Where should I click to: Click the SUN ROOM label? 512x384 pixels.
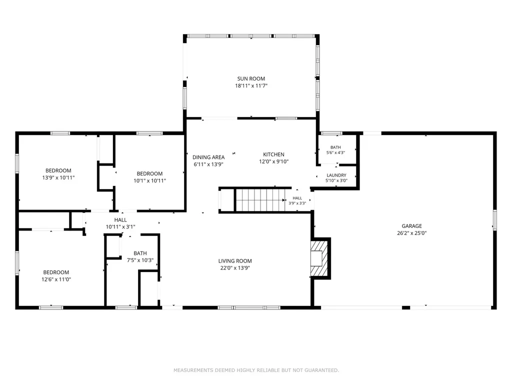pyautogui.click(x=251, y=78)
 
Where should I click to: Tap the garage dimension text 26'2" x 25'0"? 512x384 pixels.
pyautogui.click(x=412, y=233)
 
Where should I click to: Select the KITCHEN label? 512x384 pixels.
pyautogui.click(x=273, y=154)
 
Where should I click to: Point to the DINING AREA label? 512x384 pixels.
pyautogui.click(x=208, y=157)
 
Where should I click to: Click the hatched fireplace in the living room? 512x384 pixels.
pyautogui.click(x=319, y=258)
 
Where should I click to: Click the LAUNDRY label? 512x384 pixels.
pyautogui.click(x=336, y=175)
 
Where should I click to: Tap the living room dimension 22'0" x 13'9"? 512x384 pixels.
pyautogui.click(x=235, y=268)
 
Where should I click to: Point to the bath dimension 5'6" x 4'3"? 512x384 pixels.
pyautogui.click(x=335, y=152)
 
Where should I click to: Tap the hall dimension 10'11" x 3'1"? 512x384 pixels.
pyautogui.click(x=120, y=227)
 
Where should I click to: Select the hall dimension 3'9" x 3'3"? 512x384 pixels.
pyautogui.click(x=297, y=203)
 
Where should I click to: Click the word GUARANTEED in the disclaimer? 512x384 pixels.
pyautogui.click(x=321, y=370)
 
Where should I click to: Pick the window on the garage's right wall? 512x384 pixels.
pyautogui.click(x=494, y=220)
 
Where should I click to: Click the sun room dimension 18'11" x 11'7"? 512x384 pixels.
pyautogui.click(x=251, y=86)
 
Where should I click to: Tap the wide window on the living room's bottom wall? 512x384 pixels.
pyautogui.click(x=249, y=307)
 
